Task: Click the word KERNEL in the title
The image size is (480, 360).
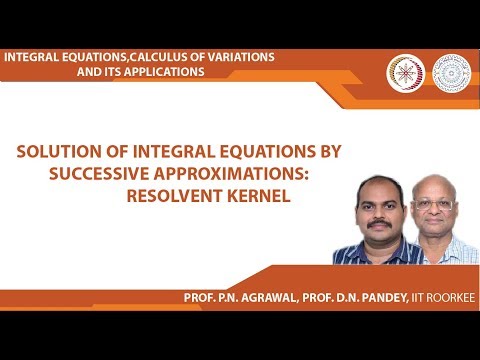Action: [262, 195]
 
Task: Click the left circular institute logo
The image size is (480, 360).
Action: [406, 70]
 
